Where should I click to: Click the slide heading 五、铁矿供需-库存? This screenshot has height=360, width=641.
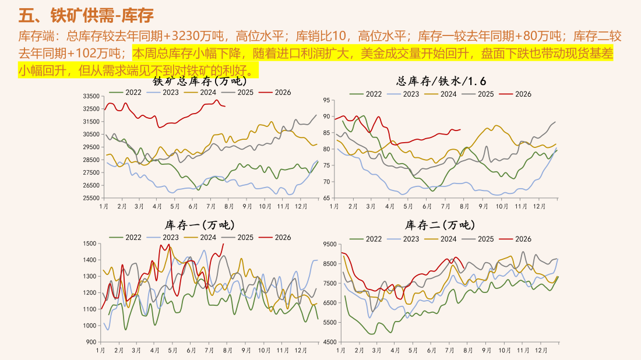(86, 16)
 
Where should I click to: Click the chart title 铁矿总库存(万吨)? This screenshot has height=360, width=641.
(200, 81)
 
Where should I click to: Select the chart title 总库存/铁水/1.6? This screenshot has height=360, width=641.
(441, 81)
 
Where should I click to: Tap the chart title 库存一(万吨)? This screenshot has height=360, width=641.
(199, 225)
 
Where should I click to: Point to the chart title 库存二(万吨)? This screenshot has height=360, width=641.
(440, 225)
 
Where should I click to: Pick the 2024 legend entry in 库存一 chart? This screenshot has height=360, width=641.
(200, 238)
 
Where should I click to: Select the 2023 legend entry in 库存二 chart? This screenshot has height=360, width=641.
(403, 239)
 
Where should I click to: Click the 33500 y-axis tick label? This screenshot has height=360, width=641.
(91, 96)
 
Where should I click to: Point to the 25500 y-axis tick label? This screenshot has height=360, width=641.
(91, 198)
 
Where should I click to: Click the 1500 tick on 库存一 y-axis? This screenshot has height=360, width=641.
(90, 243)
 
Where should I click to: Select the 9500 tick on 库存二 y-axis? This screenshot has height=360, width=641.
(330, 244)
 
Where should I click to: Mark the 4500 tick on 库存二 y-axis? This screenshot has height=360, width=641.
(330, 342)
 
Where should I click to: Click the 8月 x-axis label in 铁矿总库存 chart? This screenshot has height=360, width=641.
(229, 206)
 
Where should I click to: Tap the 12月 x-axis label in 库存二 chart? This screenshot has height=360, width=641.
(541, 351)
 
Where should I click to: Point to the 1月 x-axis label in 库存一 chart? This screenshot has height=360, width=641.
(101, 351)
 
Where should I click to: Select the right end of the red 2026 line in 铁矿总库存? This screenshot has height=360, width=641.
(225, 107)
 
